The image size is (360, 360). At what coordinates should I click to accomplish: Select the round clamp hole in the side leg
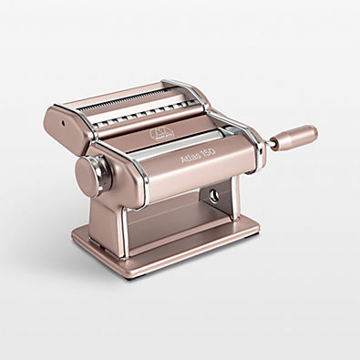(x=214, y=195)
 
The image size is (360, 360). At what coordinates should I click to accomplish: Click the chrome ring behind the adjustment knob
(x=107, y=170)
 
